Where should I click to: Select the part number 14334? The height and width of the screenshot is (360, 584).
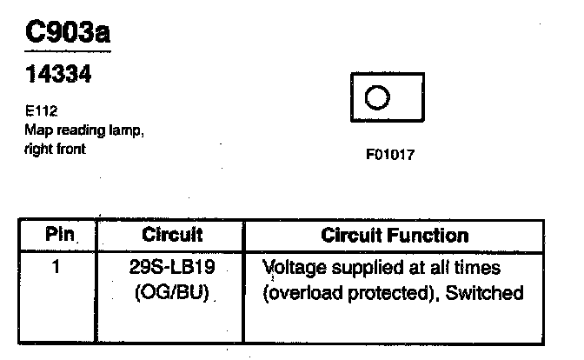(57, 76)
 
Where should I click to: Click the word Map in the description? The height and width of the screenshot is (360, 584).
(36, 130)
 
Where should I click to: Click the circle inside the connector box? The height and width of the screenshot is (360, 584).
(375, 97)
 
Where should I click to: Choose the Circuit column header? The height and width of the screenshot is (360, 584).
(172, 235)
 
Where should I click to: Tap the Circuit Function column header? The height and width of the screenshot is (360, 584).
(395, 235)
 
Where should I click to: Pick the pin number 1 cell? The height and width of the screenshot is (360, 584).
(56, 267)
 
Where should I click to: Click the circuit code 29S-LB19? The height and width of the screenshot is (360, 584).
(172, 267)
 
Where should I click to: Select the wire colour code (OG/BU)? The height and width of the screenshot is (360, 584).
(172, 292)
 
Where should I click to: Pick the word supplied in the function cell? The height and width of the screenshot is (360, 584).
(363, 268)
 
